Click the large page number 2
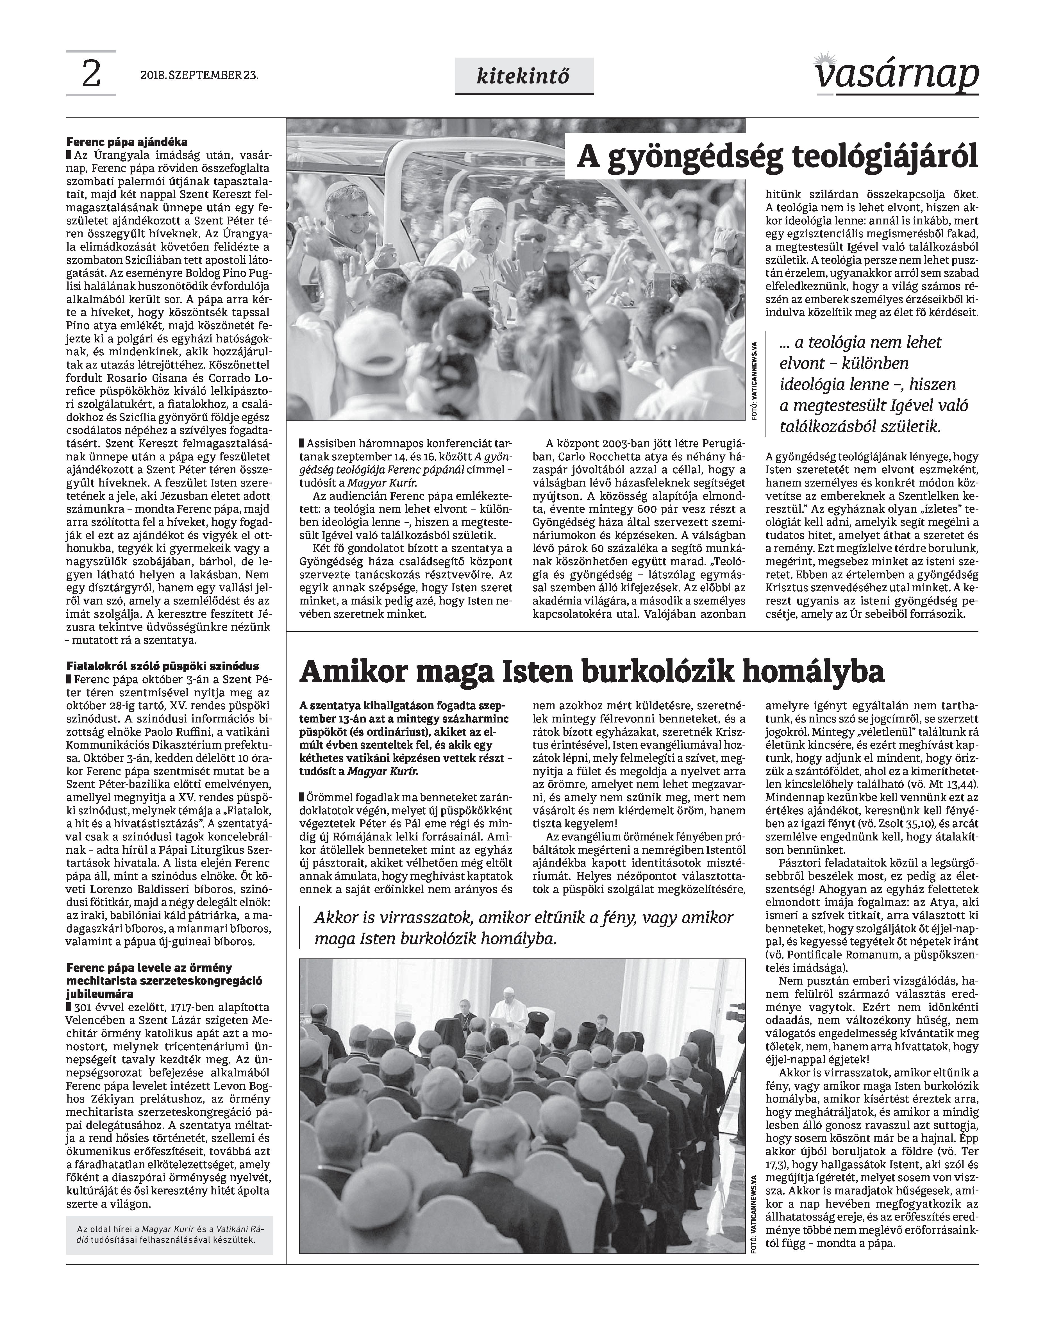90,75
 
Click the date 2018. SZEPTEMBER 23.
199,76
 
